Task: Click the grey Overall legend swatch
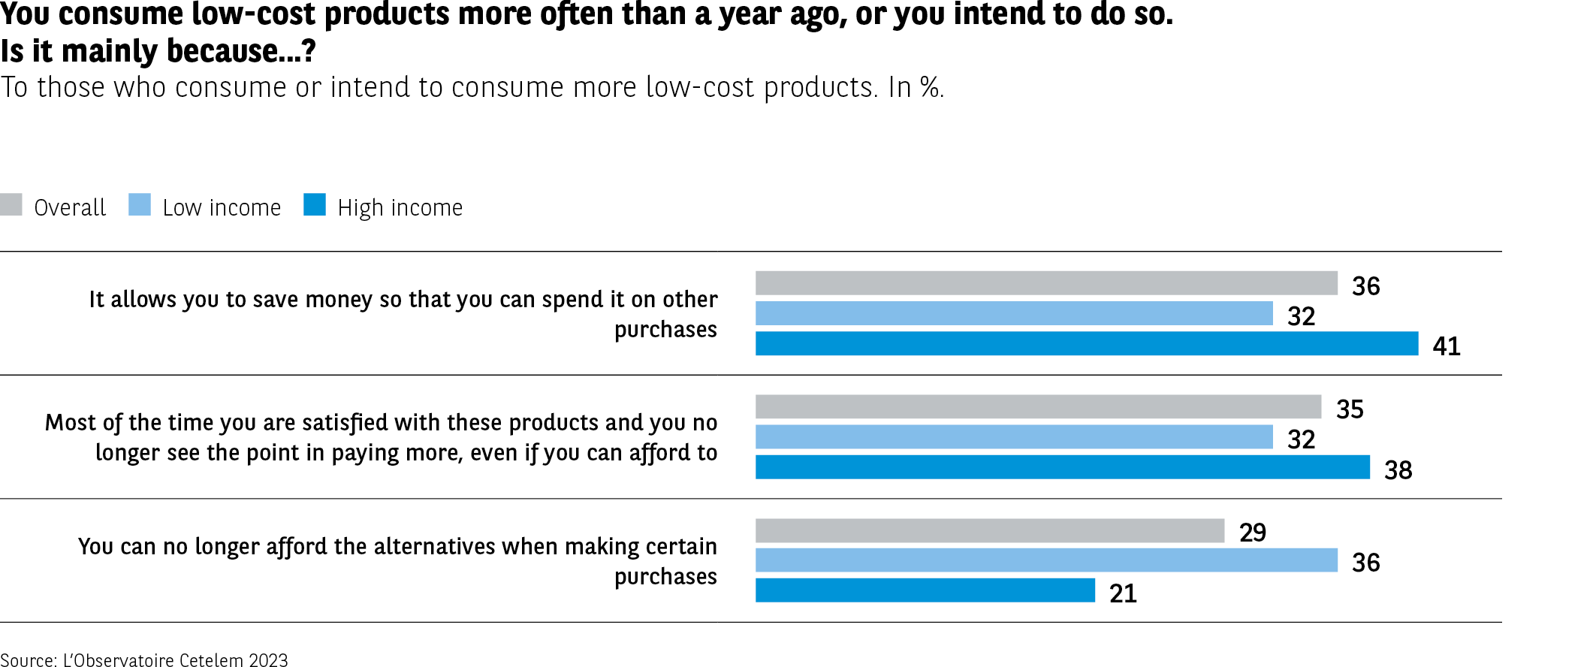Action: point(11,205)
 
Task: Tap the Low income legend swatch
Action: point(140,205)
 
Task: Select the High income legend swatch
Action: point(315,205)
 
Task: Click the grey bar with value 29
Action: point(989,530)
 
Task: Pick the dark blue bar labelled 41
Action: point(1086,343)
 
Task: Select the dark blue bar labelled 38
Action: point(1062,467)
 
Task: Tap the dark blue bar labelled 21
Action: point(925,590)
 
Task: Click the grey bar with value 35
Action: point(1038,406)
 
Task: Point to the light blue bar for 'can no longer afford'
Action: point(1046,560)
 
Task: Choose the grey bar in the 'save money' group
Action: point(1046,283)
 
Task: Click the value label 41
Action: point(1447,346)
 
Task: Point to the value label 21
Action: point(1123,593)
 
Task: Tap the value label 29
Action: point(1253,533)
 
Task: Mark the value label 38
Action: point(1398,470)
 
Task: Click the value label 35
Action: point(1350,409)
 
